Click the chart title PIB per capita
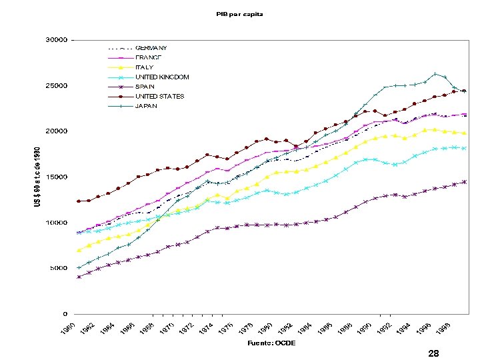239,14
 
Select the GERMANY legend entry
151,48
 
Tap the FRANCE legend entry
148,57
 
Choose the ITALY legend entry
144,67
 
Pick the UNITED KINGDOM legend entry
162,77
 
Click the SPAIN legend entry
145,87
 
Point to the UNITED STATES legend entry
159,96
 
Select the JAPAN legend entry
146,105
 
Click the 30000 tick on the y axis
56,40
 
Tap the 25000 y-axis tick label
56,86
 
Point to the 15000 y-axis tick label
56,177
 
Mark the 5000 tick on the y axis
58,268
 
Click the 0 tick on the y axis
64,314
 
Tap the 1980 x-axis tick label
265,329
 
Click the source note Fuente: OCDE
273,343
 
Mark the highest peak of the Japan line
435,74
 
